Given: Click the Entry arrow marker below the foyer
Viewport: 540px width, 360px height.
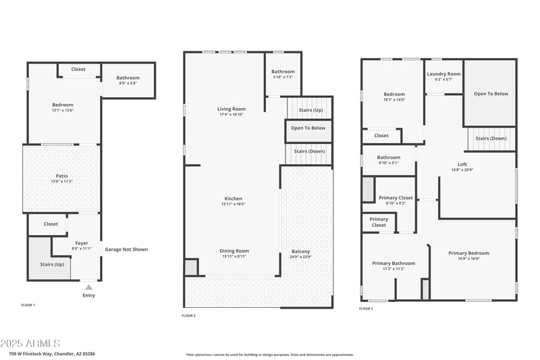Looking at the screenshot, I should click(88, 287).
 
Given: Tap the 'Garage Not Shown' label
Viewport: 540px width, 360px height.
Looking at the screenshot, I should click(126, 249).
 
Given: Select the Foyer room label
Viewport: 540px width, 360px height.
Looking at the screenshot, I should click(81, 243).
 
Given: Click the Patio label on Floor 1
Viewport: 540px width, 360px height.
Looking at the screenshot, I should click(61, 176).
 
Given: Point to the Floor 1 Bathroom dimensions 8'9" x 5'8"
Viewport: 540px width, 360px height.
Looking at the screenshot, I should click(128, 83).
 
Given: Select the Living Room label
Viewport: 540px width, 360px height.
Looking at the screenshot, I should click(231, 109).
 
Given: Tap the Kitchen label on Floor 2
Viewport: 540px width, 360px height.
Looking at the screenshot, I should click(233, 199).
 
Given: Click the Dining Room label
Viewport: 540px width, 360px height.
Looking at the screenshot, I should click(234, 251).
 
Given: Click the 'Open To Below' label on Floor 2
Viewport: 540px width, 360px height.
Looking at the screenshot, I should click(308, 128).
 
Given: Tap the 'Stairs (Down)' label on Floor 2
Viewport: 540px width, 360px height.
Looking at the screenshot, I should click(308, 151).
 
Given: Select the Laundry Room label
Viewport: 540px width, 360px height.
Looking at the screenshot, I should click(443, 74).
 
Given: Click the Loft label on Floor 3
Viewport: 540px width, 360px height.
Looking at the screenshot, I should click(462, 164).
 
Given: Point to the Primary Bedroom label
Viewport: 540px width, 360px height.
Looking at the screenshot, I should click(468, 253).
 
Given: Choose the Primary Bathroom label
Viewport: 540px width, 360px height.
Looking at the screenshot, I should click(394, 263).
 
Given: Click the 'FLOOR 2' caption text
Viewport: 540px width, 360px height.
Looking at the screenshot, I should click(188, 315).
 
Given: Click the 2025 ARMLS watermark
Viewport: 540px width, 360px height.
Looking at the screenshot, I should click(30, 344).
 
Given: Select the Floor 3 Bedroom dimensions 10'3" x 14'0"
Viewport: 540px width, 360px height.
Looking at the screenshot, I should click(394, 100).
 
